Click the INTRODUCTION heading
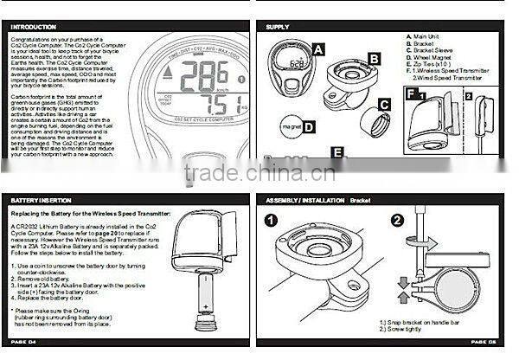tap(35, 27)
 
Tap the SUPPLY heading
tap(278, 27)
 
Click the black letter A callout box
tap(318, 49)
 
